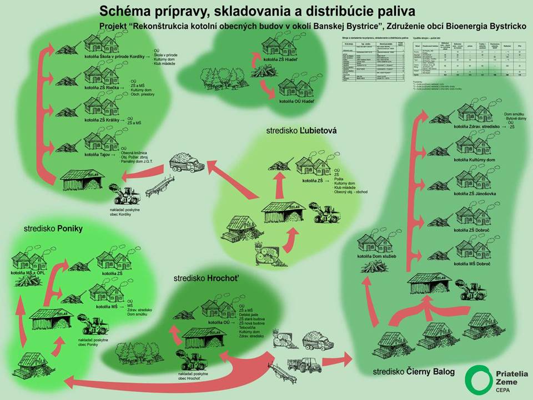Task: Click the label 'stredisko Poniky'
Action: (53, 228)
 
